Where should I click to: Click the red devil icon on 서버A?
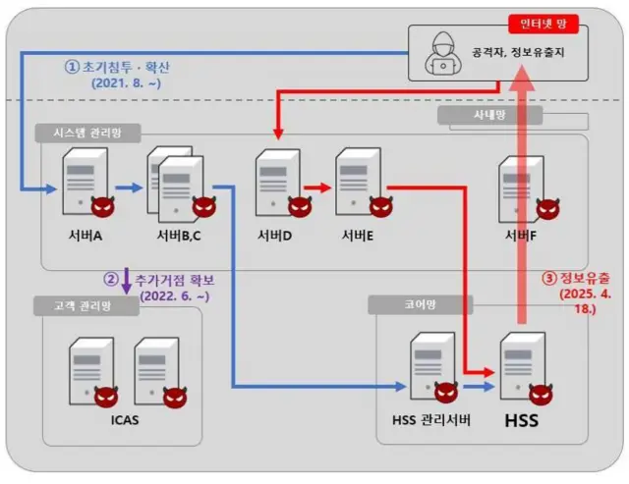101,207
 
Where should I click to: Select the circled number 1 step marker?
72,68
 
